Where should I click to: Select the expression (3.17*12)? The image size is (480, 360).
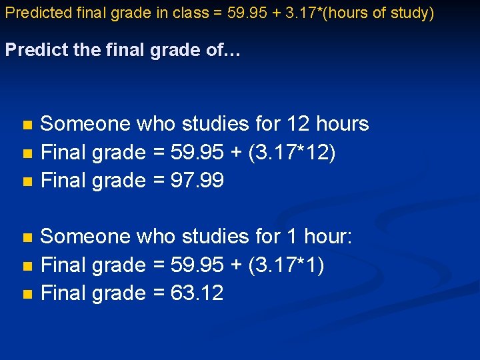click(292, 153)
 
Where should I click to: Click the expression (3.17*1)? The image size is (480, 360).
click(286, 265)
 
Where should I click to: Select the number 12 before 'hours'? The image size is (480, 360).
click(298, 124)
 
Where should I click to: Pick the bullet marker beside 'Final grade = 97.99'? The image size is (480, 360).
click(27, 181)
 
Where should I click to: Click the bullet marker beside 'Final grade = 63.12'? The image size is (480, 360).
click(27, 294)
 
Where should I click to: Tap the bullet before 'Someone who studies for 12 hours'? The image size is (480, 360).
click(27, 125)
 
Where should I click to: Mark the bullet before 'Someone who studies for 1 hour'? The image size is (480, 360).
click(27, 237)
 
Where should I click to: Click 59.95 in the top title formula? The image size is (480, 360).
click(245, 13)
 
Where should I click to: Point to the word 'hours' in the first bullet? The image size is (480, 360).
click(343, 124)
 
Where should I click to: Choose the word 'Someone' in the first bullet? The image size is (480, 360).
click(85, 124)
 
